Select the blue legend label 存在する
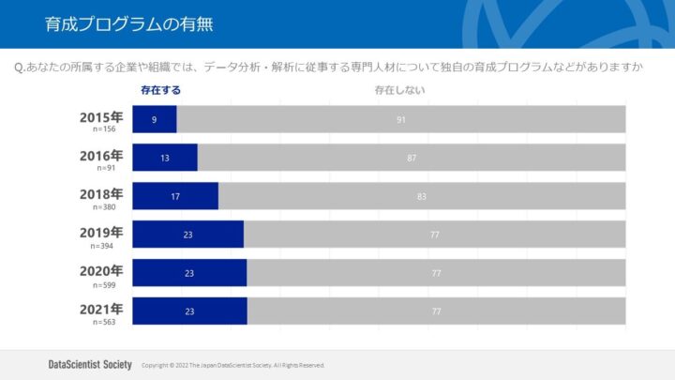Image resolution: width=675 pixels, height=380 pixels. click(x=160, y=90)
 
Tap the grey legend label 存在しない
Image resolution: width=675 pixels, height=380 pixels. click(x=399, y=90)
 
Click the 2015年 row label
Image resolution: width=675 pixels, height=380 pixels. click(x=101, y=117)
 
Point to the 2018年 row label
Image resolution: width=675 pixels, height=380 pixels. click(x=101, y=194)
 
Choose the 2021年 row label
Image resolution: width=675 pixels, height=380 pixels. click(x=101, y=309)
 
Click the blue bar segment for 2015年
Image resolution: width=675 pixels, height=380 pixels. click(x=155, y=119)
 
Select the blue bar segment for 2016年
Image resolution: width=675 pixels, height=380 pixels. click(x=165, y=158)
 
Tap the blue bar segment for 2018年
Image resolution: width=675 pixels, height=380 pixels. click(x=175, y=196)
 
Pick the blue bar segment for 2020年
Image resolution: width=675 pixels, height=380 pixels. click(x=189, y=273)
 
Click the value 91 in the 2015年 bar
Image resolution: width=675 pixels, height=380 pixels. click(x=401, y=120)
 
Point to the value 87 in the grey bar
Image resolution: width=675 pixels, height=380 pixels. click(x=412, y=159)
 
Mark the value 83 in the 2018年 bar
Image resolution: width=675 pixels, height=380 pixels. click(x=422, y=197)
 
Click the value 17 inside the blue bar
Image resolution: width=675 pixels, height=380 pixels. click(x=175, y=197)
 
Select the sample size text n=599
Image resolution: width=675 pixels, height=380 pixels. click(x=105, y=283)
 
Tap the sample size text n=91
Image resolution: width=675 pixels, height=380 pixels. click(x=105, y=168)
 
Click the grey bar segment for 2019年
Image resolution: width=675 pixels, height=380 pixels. click(x=435, y=235)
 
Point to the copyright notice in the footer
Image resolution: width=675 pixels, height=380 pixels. click(x=232, y=365)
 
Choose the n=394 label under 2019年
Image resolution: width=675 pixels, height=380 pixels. click(x=105, y=245)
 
